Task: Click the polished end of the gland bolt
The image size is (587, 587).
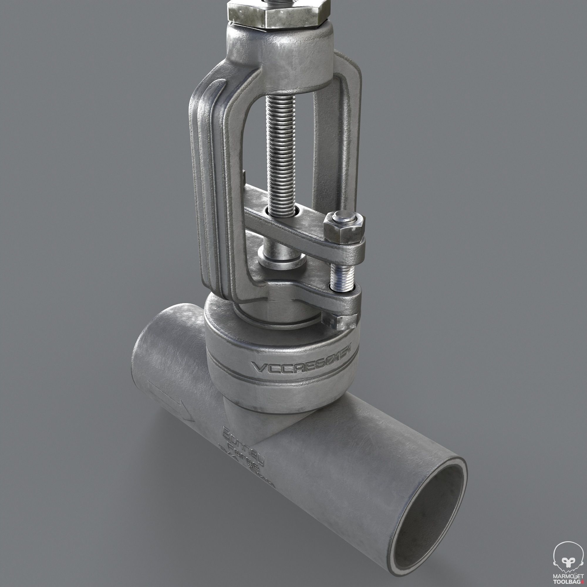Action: (x=344, y=218)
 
